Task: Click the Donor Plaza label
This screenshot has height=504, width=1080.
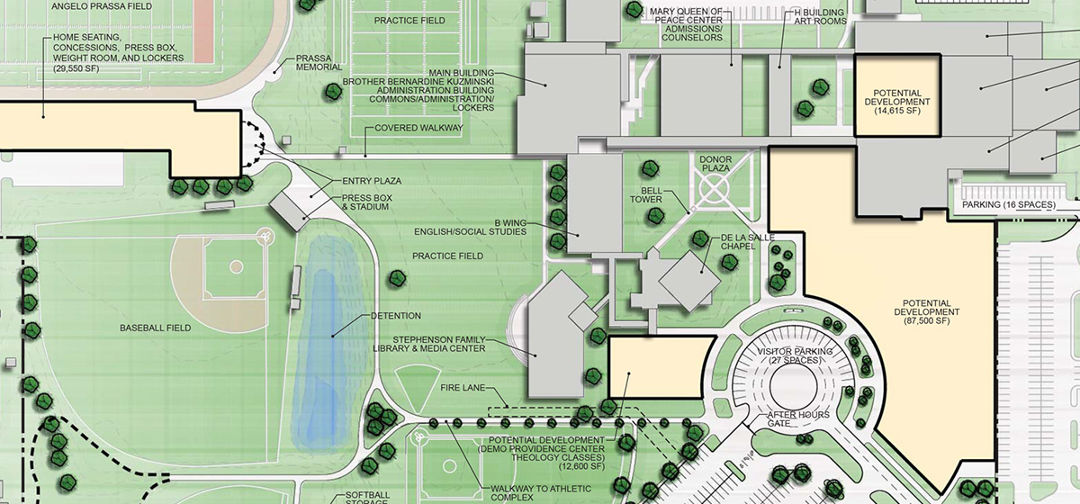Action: click(715, 165)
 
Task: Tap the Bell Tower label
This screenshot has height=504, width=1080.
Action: click(652, 195)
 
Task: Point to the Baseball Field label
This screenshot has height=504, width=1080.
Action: click(155, 328)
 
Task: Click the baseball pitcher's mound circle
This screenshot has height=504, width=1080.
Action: click(236, 266)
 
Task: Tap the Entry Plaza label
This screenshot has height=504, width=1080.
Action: click(371, 181)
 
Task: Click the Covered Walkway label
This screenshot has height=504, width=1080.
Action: click(418, 129)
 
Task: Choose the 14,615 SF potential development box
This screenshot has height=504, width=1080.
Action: click(896, 95)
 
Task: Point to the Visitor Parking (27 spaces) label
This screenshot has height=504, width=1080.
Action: click(794, 355)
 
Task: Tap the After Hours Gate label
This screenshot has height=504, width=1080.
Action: click(791, 418)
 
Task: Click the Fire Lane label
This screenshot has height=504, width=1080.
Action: click(463, 388)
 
